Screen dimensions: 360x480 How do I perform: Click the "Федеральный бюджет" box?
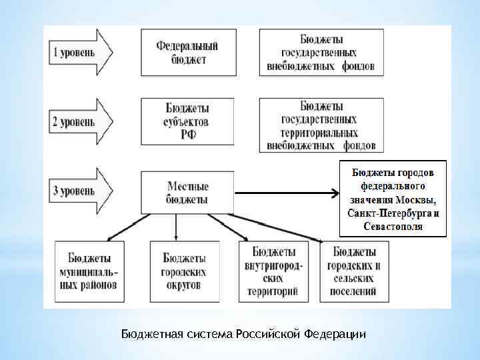[x=187, y=52]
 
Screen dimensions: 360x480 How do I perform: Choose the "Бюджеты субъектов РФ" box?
[x=187, y=121]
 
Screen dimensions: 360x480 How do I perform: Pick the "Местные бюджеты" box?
[x=187, y=193]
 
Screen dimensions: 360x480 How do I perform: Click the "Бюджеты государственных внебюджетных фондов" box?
[x=320, y=51]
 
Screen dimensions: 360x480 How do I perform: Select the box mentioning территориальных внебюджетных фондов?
[x=320, y=125]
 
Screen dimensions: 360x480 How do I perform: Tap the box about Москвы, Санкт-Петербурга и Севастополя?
[x=393, y=199]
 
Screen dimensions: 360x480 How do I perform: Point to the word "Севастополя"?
[x=394, y=226]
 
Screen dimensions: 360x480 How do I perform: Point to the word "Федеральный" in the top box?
[x=187, y=46]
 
